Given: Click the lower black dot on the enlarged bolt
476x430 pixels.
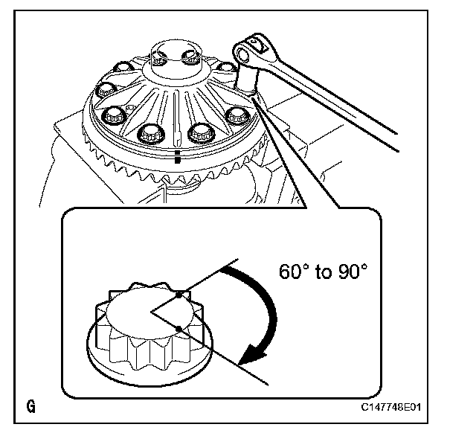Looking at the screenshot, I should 179,328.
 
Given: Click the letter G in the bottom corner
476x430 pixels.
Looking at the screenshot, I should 31,407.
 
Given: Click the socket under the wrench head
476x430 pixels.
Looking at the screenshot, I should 249,76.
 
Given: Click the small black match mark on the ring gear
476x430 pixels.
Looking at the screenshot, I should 176,158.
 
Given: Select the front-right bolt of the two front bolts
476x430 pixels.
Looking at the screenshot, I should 199,134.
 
